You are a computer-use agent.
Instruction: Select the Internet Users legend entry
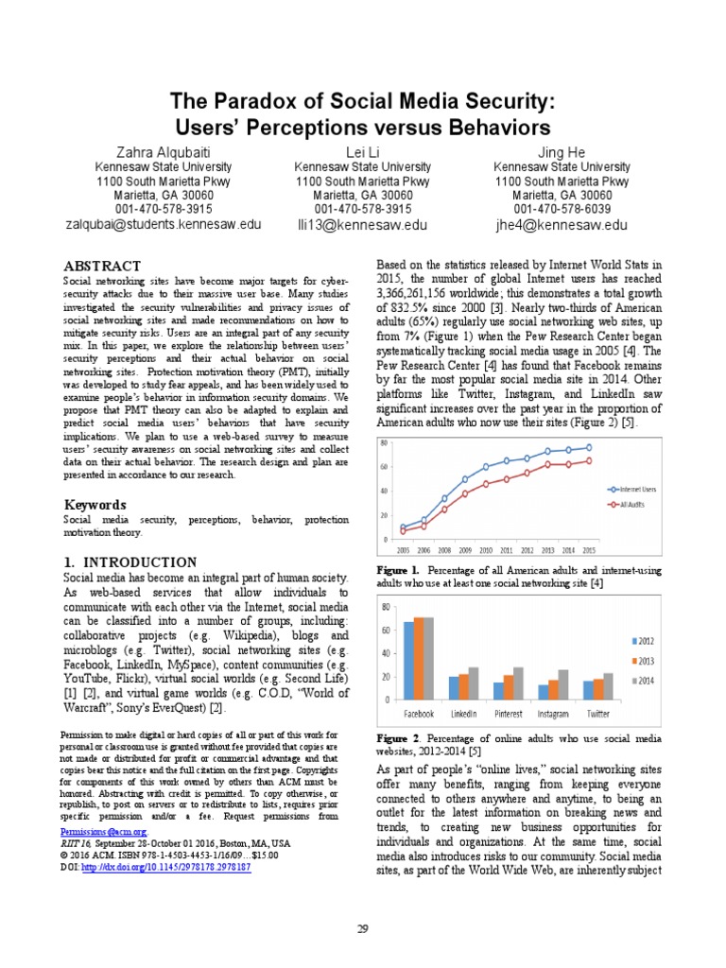(636, 489)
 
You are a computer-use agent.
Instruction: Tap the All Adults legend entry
(631, 506)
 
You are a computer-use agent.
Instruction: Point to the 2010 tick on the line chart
(486, 549)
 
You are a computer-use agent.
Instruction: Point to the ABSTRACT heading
(102, 266)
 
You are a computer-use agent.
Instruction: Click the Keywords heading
(95, 505)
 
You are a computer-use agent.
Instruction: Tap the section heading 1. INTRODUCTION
(130, 562)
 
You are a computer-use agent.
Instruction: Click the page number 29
(362, 930)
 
